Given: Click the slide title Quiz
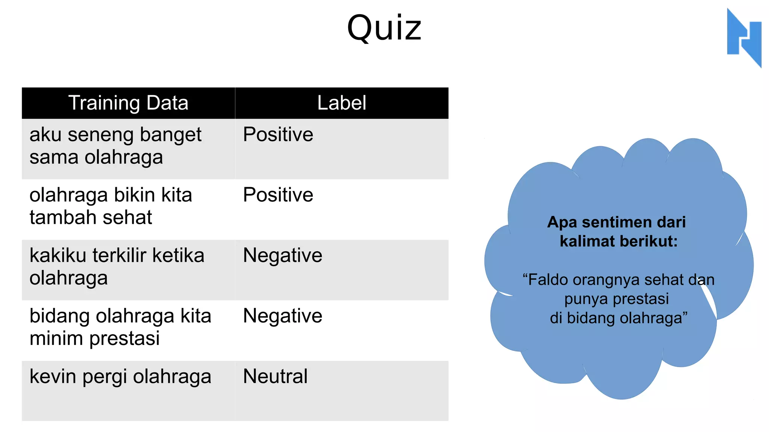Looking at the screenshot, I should point(384,28).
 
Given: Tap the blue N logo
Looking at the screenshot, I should point(744,37).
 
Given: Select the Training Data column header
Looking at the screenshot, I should point(128,103).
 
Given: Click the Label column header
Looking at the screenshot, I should point(341,103).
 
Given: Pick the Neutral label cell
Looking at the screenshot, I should point(275,376).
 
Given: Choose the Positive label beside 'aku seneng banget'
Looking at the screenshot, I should point(278,135).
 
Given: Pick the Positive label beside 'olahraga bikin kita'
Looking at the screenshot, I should point(278,195).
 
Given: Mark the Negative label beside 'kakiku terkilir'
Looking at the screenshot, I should point(282,256).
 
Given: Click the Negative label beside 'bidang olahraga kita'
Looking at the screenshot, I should point(282,316).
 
